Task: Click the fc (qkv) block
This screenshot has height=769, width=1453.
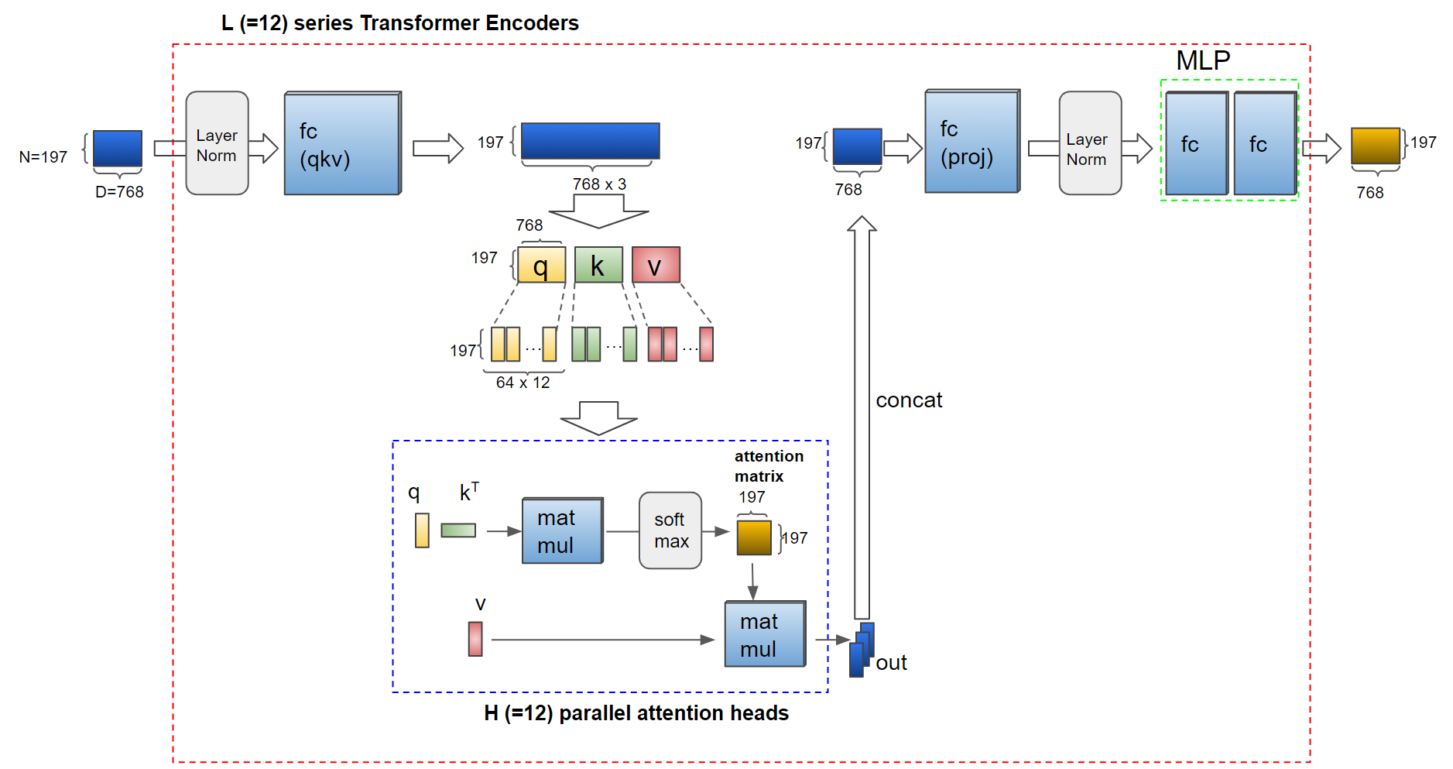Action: pyautogui.click(x=342, y=144)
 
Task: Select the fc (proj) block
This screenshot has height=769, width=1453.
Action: pyautogui.click(x=972, y=142)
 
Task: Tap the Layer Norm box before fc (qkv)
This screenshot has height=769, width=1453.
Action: pyautogui.click(x=217, y=144)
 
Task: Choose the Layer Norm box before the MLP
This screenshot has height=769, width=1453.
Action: pyautogui.click(x=1090, y=144)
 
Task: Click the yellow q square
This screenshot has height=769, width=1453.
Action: pyautogui.click(x=541, y=266)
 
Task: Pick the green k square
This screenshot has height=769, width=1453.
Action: pyautogui.click(x=598, y=266)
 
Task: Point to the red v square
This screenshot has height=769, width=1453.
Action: pyautogui.click(x=656, y=266)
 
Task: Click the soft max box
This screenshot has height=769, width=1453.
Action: pyautogui.click(x=670, y=530)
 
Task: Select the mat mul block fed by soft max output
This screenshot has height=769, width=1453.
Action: pyautogui.click(x=765, y=634)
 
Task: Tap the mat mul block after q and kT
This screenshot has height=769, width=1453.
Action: pyautogui.click(x=562, y=531)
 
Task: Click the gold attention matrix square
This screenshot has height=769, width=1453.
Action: pyautogui.click(x=754, y=537)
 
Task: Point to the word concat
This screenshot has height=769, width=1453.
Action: pyautogui.click(x=909, y=400)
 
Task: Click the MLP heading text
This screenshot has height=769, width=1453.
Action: pyautogui.click(x=1203, y=60)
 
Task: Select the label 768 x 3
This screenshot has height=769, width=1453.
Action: pyautogui.click(x=599, y=184)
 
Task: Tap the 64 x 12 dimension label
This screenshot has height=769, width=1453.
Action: pyautogui.click(x=523, y=383)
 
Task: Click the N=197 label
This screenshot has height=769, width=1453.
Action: pyautogui.click(x=43, y=157)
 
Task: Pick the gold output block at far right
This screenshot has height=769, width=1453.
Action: pyautogui.click(x=1376, y=146)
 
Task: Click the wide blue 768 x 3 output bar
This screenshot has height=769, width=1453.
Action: pyautogui.click(x=591, y=141)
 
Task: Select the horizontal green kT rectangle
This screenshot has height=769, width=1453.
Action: pyautogui.click(x=458, y=530)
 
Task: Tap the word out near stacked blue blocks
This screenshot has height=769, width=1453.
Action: pyautogui.click(x=891, y=663)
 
